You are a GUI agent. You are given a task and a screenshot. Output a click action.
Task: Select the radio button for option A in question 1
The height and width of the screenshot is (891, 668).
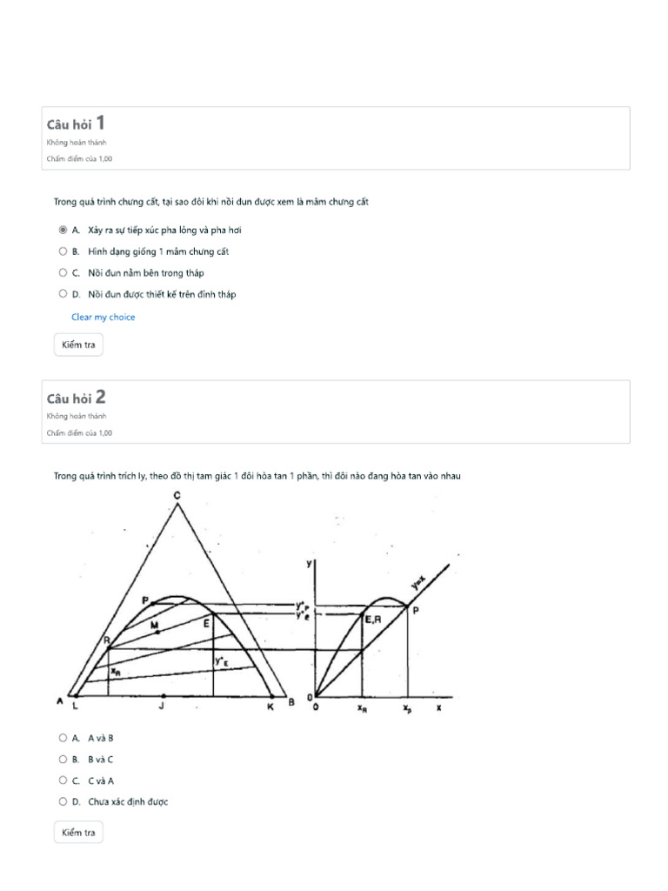click(x=63, y=231)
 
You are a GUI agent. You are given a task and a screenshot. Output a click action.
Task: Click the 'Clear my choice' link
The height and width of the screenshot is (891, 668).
click(x=103, y=318)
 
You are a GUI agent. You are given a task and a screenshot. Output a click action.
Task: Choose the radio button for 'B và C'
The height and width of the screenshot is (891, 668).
click(x=63, y=759)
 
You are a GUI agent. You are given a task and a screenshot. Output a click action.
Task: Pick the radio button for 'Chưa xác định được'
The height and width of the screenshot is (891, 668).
click(x=63, y=801)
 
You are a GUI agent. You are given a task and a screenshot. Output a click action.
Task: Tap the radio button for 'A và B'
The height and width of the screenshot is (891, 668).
click(x=63, y=738)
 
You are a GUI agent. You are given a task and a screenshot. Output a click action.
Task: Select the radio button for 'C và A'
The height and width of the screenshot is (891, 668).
click(x=63, y=780)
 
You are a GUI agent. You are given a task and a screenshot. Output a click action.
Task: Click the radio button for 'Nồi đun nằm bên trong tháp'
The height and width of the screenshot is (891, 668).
click(x=63, y=273)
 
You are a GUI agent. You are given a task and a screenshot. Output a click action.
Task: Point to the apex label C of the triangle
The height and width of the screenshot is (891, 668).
click(x=177, y=496)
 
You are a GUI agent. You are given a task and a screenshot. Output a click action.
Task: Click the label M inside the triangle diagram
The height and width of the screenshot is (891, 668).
click(x=154, y=626)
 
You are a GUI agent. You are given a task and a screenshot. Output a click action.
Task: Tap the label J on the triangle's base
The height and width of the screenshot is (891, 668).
click(x=162, y=707)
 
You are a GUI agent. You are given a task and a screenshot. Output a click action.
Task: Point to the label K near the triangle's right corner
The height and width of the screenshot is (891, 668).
click(x=270, y=707)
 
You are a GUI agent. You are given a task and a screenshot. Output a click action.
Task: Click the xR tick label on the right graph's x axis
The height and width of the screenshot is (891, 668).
click(x=361, y=708)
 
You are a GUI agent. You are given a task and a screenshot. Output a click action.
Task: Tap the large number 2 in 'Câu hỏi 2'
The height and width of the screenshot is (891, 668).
click(x=100, y=397)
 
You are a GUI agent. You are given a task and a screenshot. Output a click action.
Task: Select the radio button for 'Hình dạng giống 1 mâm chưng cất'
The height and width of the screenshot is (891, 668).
click(x=63, y=251)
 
